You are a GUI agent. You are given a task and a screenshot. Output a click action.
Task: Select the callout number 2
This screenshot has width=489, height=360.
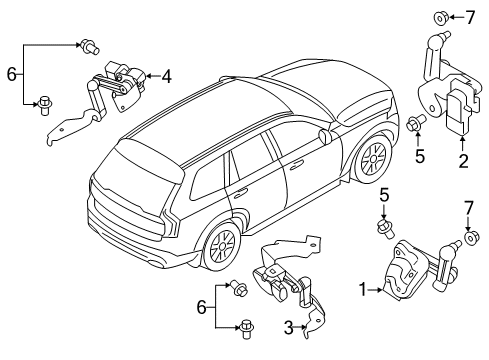point(463,159)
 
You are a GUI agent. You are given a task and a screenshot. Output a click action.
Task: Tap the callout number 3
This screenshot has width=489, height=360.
point(290,327)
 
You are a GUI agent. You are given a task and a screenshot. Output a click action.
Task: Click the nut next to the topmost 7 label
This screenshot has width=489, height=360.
point(439,16)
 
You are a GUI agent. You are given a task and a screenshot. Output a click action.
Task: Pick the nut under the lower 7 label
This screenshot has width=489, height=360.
point(473,267)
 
